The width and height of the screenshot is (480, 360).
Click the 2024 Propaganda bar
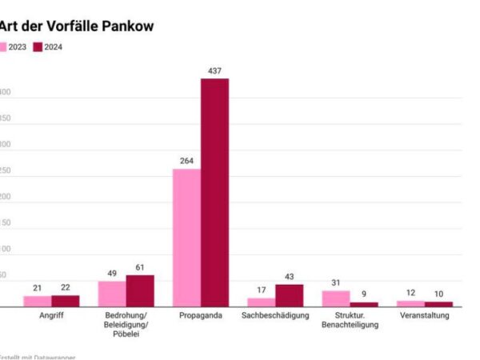tap(214, 192)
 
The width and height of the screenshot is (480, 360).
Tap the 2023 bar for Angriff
tap(38, 301)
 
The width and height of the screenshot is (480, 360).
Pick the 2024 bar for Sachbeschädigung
tap(289, 295)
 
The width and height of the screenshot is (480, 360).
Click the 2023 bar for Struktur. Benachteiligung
tap(336, 298)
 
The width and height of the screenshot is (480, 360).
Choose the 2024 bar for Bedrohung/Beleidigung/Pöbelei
tap(140, 290)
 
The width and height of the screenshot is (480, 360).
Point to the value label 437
tap(214, 71)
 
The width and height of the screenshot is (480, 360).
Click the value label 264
tap(186, 162)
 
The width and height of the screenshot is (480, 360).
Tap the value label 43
tap(289, 277)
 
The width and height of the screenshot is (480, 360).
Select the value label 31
tap(336, 283)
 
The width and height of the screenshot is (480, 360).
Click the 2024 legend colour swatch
tap(38, 46)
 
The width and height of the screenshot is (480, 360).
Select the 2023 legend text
tap(18, 46)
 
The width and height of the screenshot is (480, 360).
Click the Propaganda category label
tap(200, 316)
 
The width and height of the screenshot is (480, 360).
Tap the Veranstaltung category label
tap(424, 316)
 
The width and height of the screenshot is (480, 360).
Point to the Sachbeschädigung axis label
tap(275, 316)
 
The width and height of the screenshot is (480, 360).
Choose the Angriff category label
tap(51, 316)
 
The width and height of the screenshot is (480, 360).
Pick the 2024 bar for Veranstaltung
tap(438, 304)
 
